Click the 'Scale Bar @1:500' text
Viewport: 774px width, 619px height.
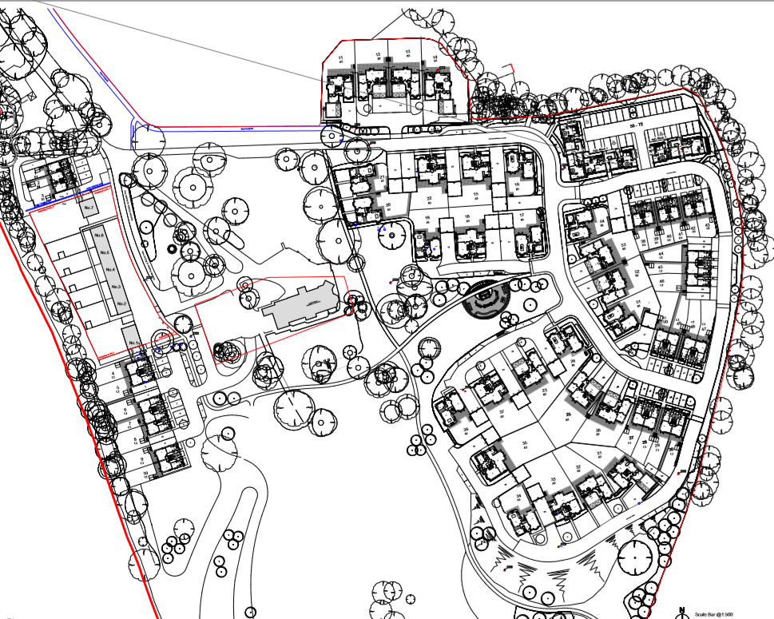(714, 613)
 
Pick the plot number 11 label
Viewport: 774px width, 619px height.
(341, 58)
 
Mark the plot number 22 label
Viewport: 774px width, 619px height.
(429, 198)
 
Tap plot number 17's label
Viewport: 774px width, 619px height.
(521, 216)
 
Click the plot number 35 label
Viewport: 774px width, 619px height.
(525, 443)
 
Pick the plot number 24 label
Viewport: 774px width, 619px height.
(574, 361)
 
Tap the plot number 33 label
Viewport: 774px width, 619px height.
(553, 479)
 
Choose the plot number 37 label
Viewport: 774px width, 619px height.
(502, 411)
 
